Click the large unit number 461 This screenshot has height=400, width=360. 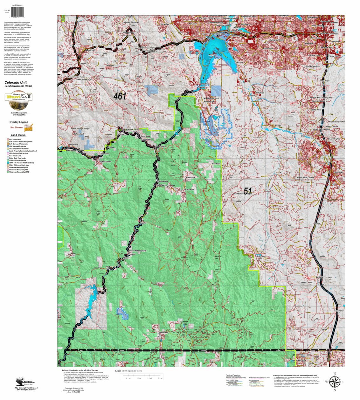pos(120,96)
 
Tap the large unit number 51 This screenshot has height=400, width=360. pos(248,191)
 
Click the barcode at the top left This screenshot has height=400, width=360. pos(18,12)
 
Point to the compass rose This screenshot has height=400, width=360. pos(334,382)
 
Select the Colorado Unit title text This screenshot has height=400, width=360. pos(16,82)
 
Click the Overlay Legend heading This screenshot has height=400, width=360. pos(19,122)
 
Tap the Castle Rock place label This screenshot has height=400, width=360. pos(338,172)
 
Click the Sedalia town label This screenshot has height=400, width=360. pos(278,125)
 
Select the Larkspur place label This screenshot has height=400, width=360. pos(320,277)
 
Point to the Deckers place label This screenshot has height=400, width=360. pos(126,258)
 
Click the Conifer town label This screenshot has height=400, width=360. pos(83,64)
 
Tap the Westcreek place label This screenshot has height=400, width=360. pos(164,332)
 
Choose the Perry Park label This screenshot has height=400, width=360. pos(260,257)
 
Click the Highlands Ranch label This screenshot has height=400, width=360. pos(276,40)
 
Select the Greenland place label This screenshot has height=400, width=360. pos(339,311)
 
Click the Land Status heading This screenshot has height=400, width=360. pos(18,135)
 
